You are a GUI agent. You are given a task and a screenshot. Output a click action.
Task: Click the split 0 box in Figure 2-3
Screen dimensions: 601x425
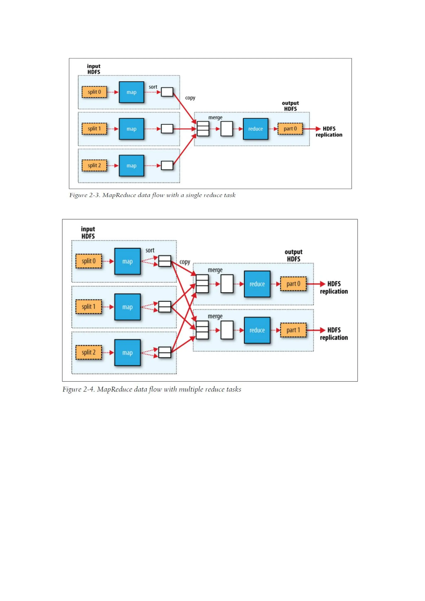point(94,92)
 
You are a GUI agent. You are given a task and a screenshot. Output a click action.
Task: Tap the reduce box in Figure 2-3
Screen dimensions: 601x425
point(255,129)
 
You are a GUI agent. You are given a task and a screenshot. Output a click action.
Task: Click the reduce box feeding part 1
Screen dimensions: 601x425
point(257,330)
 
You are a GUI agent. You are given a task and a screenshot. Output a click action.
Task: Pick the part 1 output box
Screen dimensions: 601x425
point(293,330)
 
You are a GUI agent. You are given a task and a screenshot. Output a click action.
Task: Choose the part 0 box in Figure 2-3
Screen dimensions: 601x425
point(290,129)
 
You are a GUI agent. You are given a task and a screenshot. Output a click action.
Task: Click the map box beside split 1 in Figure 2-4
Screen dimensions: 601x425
point(127,307)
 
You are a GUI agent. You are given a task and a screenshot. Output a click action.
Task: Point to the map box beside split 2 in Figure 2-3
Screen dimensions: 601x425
point(131,166)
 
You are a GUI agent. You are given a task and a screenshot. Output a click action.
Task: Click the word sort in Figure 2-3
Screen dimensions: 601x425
point(153,87)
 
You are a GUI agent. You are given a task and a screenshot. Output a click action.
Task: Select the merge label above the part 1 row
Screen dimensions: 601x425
point(215,316)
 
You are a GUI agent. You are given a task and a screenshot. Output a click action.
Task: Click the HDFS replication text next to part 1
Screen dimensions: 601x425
point(334,334)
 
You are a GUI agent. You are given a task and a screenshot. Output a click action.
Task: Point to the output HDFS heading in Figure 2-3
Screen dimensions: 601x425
point(290,106)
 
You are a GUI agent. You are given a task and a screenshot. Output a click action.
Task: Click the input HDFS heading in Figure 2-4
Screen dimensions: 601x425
point(88,232)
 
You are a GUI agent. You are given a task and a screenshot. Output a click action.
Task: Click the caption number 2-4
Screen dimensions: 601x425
point(89,390)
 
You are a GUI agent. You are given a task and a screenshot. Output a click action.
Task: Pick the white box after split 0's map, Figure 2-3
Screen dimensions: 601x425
point(167,92)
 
